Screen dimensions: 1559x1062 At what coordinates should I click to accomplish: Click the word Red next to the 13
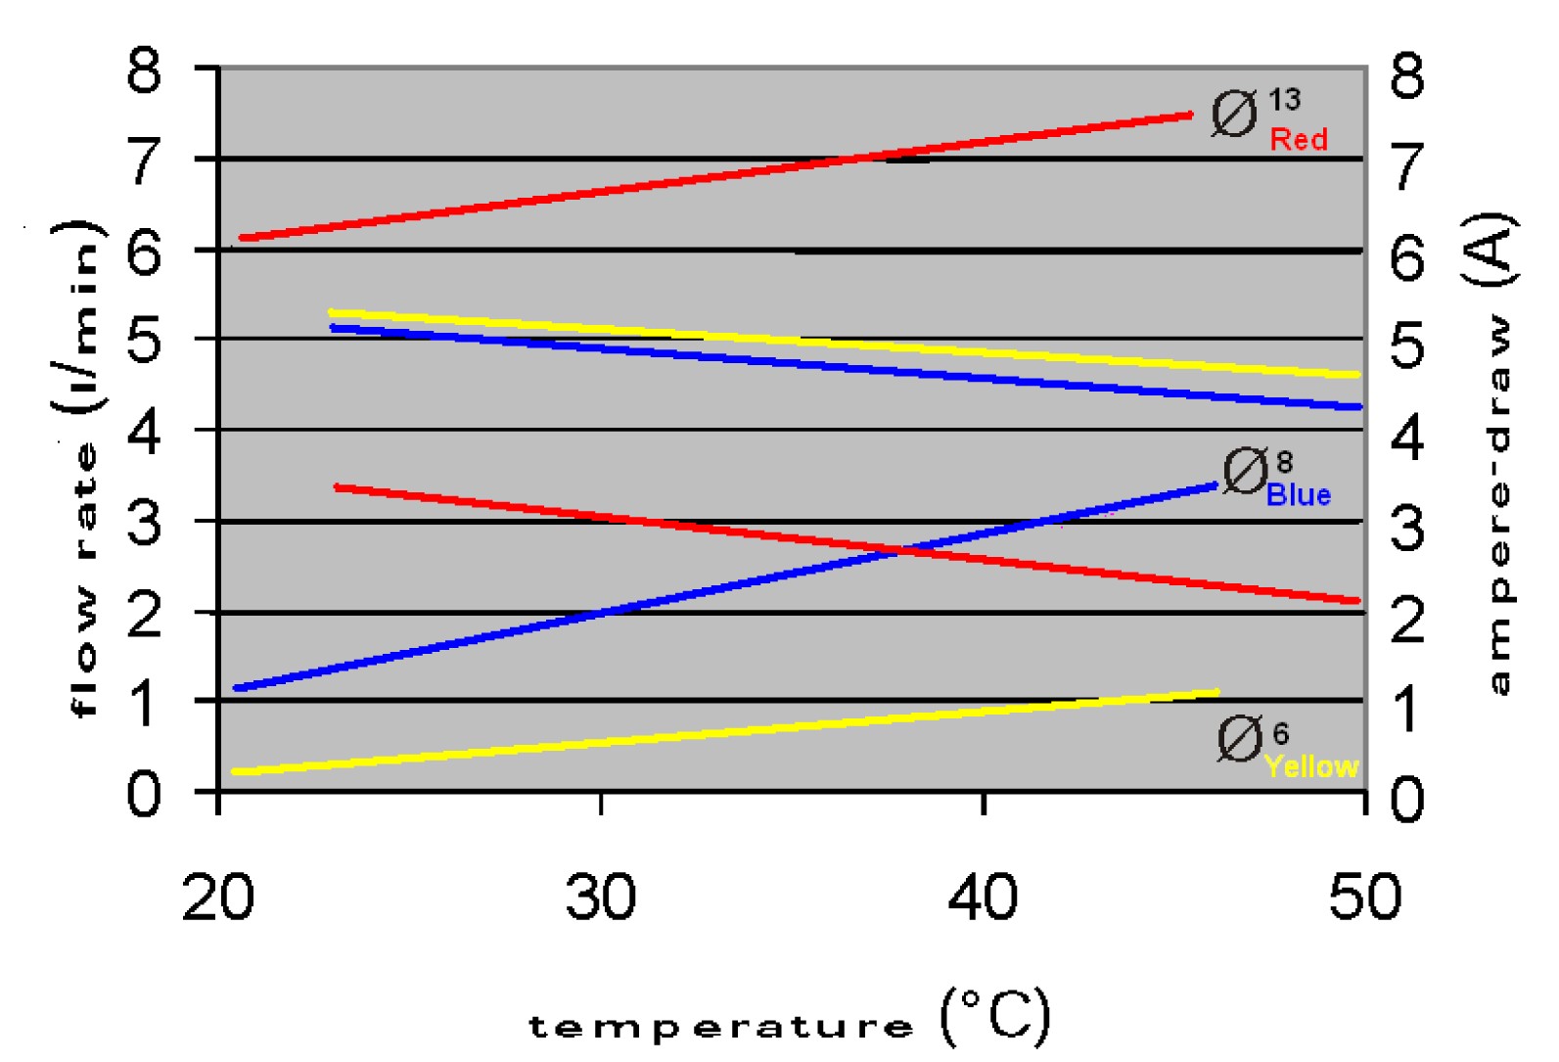point(1299,140)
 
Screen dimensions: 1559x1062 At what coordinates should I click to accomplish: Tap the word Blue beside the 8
point(1298,495)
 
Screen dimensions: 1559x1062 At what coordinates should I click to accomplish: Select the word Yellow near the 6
point(1311,766)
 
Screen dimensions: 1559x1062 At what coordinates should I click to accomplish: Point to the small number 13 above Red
point(1284,100)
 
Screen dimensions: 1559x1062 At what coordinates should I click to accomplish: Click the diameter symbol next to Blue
point(1245,471)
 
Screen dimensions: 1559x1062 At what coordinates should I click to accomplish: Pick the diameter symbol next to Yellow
point(1240,738)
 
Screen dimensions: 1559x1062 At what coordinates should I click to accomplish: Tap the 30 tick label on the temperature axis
point(601,897)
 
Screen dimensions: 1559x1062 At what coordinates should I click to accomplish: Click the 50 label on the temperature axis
point(1365,897)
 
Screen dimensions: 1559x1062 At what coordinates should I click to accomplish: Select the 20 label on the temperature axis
point(218,897)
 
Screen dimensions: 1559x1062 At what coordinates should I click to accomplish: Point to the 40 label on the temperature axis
point(983,897)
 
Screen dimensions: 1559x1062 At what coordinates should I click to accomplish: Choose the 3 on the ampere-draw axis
point(1407,529)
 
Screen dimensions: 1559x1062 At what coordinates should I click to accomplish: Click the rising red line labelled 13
point(716,176)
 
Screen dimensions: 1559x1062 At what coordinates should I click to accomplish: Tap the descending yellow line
point(845,344)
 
